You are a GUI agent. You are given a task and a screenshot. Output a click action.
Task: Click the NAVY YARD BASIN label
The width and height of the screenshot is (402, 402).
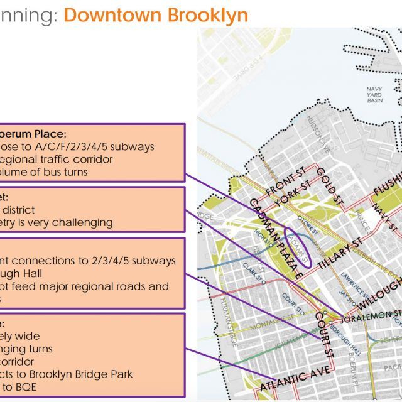tap(374, 94)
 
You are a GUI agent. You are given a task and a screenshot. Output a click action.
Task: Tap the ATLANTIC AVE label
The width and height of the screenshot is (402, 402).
tap(295, 381)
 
